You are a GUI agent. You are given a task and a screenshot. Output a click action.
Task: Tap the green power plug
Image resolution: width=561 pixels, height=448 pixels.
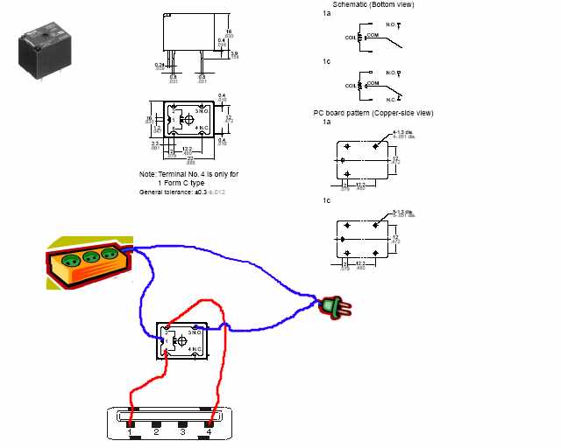(x=331, y=306)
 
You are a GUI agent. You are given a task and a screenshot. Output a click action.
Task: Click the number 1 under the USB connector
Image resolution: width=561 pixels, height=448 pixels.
(x=130, y=432)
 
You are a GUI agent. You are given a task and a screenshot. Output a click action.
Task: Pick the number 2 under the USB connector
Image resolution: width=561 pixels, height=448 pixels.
(x=156, y=432)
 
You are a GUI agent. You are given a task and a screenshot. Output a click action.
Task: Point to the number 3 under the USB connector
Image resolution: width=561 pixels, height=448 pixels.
(x=182, y=432)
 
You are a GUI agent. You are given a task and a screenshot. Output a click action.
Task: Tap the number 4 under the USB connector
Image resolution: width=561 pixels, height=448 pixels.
(x=209, y=432)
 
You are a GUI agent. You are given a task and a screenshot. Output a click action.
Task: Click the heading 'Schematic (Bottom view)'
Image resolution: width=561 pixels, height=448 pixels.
(x=373, y=5)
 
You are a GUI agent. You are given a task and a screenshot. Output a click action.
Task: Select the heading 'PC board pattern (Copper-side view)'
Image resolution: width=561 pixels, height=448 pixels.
(x=373, y=113)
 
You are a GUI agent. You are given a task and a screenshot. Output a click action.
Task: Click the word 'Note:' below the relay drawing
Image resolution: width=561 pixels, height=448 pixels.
(x=148, y=174)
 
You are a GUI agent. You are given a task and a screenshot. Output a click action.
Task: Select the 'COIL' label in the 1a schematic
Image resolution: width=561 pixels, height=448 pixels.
(x=352, y=38)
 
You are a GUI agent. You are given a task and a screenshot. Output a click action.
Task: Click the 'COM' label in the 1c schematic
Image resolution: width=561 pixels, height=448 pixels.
(x=373, y=81)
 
